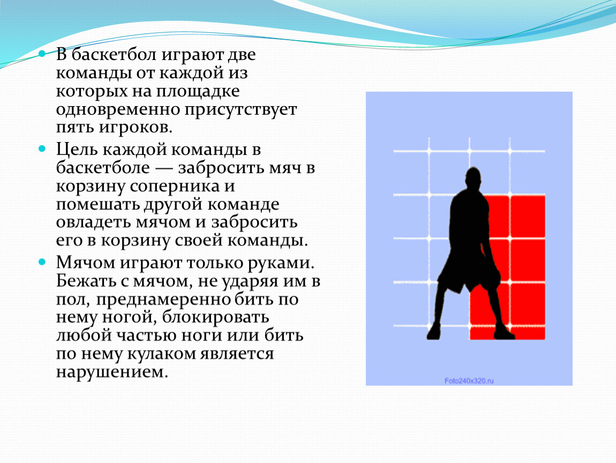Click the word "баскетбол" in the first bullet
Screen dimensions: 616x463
[x=114, y=54]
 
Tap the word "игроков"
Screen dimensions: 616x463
[x=135, y=128]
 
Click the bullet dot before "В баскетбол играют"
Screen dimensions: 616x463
[x=42, y=54]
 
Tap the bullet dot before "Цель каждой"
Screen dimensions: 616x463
[x=42, y=148]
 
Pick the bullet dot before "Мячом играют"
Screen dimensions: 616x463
[x=42, y=262]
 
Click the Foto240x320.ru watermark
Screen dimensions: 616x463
[x=469, y=381]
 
